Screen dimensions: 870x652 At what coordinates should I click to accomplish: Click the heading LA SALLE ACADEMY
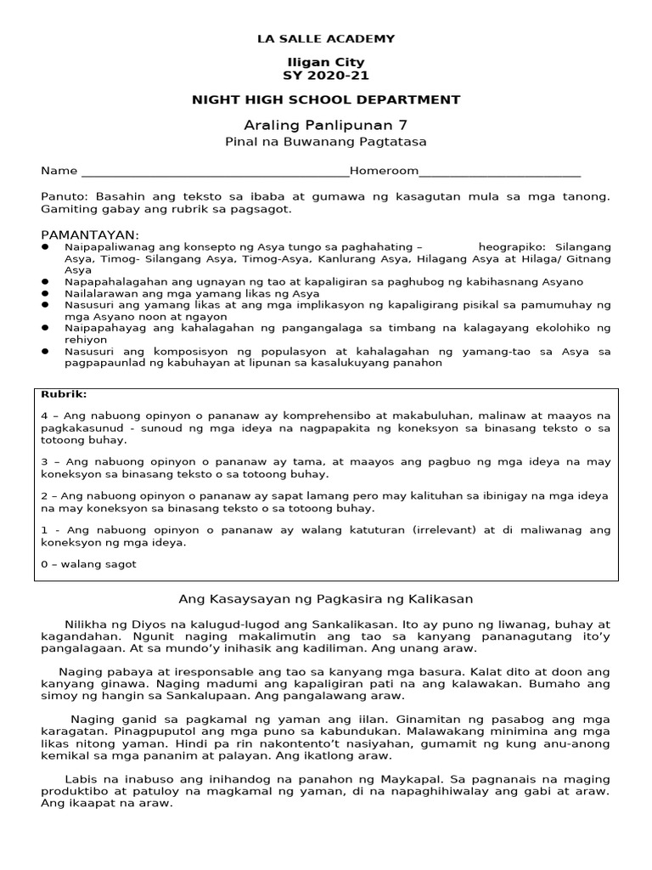326,38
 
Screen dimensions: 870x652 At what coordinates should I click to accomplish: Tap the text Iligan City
326,62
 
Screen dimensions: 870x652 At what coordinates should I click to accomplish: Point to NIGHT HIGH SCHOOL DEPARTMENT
326,99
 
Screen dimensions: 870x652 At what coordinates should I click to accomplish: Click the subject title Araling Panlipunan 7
326,124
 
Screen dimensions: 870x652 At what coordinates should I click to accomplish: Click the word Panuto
61,196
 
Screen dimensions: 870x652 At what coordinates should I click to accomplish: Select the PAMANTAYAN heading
90,234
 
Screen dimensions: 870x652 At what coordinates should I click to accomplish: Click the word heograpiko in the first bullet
507,246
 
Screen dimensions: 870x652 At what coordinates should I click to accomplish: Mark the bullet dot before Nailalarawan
45,292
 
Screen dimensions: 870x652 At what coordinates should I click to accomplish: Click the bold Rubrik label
60,394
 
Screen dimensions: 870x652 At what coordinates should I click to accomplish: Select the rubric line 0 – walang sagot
88,564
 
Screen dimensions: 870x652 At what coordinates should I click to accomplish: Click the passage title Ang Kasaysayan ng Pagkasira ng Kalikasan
326,599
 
